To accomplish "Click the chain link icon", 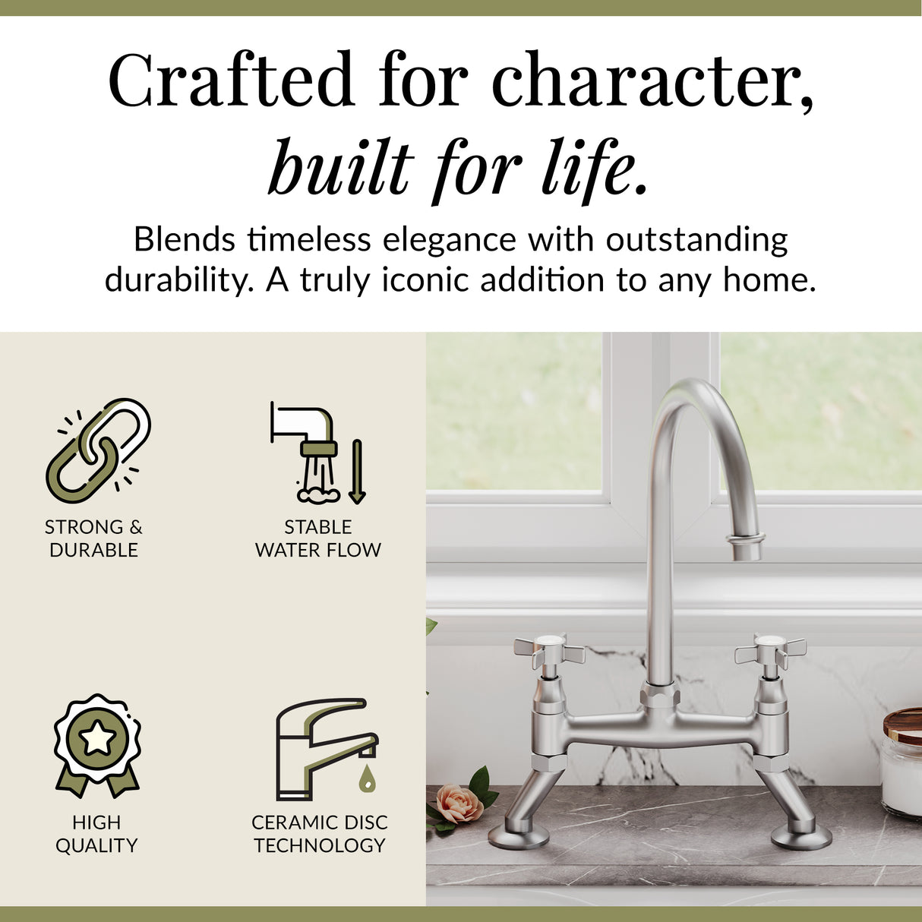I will pos(98,450).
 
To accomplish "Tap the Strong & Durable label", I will pos(93,538).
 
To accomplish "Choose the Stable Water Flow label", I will pos(318,538).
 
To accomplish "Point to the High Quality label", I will pos(96,834).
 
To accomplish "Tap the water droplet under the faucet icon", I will pos(368,778).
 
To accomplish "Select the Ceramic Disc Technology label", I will pos(320,834).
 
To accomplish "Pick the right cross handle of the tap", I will pos(770,650).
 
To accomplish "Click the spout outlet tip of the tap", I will pos(746,548).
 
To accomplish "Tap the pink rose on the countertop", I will pos(458,804).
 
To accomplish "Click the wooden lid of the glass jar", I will pos(903,725).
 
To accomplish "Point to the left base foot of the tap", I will pos(519,836).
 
